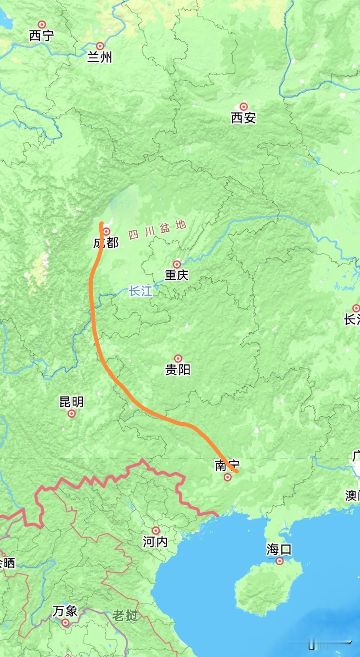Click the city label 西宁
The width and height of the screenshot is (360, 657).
pyautogui.click(x=41, y=36)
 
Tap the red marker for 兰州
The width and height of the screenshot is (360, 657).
pyautogui.click(x=100, y=46)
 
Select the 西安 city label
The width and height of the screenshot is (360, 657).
pyautogui.click(x=244, y=118)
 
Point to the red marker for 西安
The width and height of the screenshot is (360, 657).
pyautogui.click(x=244, y=107)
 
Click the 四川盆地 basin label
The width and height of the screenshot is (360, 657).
pyautogui.click(x=157, y=230)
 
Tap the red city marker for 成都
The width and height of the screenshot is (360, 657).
pyautogui.click(x=107, y=231)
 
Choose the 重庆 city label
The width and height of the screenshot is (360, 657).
pyautogui.click(x=177, y=275)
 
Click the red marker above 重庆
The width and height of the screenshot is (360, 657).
pyautogui.click(x=177, y=264)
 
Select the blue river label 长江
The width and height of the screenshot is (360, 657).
pyautogui.click(x=141, y=291)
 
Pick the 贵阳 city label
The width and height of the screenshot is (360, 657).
pyautogui.click(x=178, y=369)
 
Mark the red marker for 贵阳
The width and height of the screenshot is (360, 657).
pyautogui.click(x=178, y=358)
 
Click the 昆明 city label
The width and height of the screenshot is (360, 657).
pyautogui.click(x=71, y=402)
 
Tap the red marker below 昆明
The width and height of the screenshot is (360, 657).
pyautogui.click(x=71, y=413)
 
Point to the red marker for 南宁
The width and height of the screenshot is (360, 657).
pyautogui.click(x=227, y=477)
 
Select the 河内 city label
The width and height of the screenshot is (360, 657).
pyautogui.click(x=155, y=542)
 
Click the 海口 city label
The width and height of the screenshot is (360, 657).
pyautogui.click(x=279, y=549)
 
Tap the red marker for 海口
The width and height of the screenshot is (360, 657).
pyautogui.click(x=280, y=561)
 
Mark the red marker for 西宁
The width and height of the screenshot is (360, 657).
pyautogui.click(x=42, y=24)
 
